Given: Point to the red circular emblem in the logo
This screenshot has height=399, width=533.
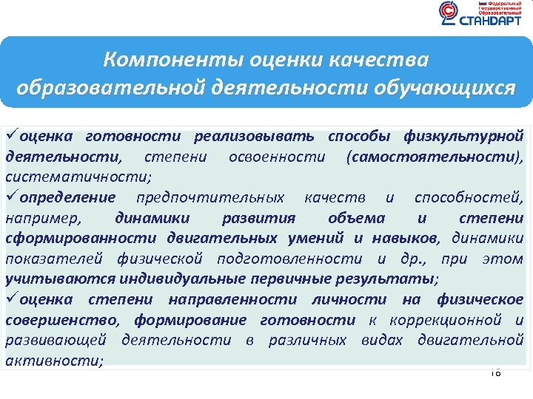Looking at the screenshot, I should click(x=449, y=12).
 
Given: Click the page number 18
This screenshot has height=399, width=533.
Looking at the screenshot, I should click(x=495, y=372).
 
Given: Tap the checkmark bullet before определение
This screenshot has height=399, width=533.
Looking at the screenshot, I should click(x=12, y=197).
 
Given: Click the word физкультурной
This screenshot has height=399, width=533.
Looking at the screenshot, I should click(x=464, y=136).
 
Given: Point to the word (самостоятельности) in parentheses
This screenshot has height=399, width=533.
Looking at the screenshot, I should click(x=434, y=157).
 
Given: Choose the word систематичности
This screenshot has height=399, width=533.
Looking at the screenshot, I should click(x=78, y=177).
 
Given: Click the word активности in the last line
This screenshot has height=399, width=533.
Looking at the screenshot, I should click(x=53, y=361).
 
